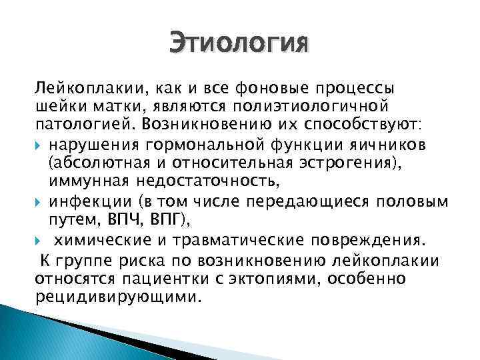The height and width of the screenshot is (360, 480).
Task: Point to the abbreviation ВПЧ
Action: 123,219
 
